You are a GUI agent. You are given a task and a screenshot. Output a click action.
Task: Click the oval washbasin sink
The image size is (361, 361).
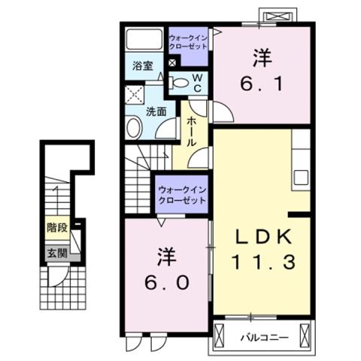pyautogui.click(x=133, y=128)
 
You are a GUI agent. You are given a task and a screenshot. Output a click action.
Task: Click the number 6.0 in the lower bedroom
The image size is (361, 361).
pyautogui.click(x=167, y=285)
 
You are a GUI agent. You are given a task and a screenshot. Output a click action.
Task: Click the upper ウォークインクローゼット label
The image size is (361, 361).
pyautogui.click(x=187, y=41)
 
